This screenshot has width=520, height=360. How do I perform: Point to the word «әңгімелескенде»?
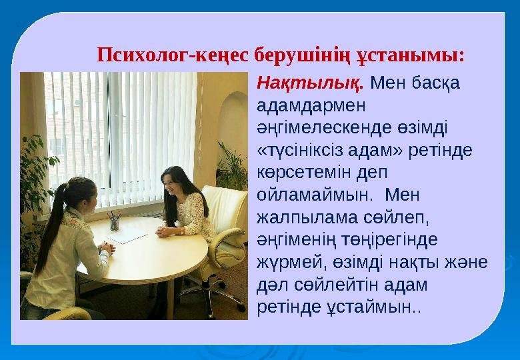(x=324, y=127)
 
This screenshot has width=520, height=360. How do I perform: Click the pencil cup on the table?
(x=114, y=221)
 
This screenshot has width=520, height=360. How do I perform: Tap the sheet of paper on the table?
(x=127, y=235)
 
